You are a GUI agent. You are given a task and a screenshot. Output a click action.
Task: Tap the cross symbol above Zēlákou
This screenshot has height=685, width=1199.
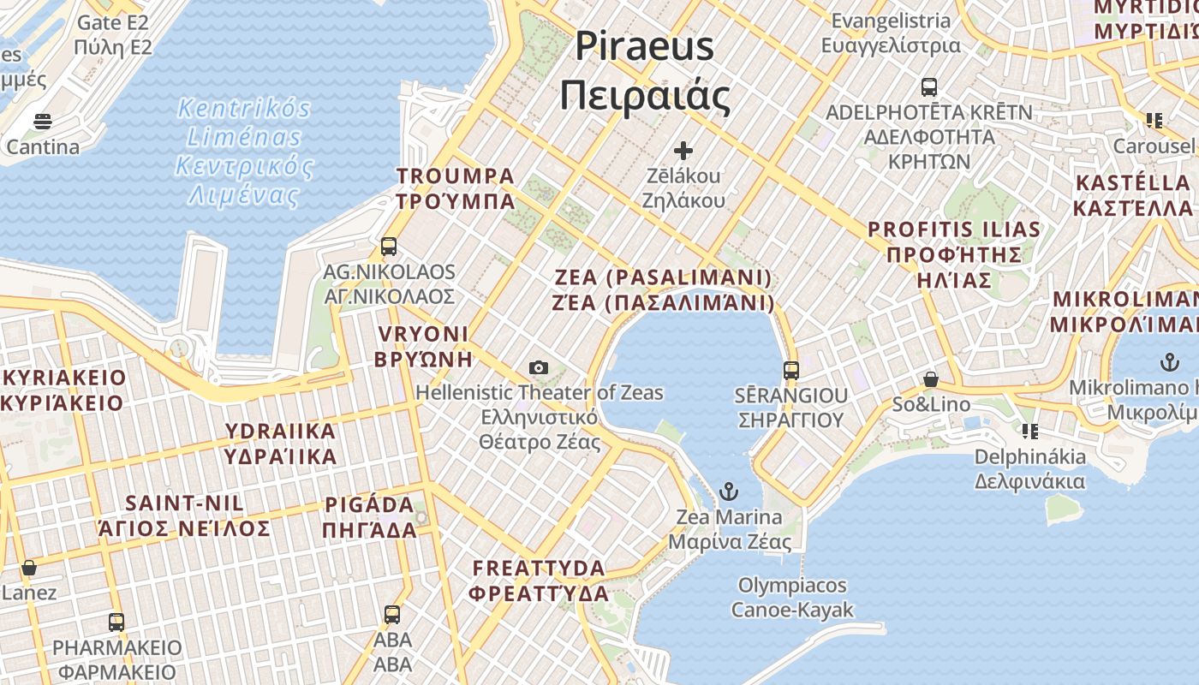[683, 152]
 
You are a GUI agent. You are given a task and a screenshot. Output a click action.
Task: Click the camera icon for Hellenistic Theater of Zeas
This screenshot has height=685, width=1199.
[539, 368]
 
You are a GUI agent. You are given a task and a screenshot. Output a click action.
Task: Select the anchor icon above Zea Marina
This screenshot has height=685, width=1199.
[728, 491]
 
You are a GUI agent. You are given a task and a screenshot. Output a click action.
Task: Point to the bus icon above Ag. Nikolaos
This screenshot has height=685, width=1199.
[389, 247]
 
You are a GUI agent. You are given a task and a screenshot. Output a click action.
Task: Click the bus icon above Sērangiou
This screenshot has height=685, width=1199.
[791, 371]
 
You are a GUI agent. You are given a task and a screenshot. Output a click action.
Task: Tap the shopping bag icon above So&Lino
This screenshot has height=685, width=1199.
[931, 379]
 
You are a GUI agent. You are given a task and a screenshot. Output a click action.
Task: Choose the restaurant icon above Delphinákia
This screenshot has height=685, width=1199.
[1029, 431]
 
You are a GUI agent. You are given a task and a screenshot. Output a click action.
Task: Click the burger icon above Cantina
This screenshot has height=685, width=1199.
[43, 122]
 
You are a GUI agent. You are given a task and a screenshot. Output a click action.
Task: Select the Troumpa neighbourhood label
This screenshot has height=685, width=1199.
[455, 188]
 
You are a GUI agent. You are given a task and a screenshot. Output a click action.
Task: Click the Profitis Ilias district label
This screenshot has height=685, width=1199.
[954, 254]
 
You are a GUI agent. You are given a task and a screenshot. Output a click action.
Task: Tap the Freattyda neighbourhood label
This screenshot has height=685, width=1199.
[540, 580]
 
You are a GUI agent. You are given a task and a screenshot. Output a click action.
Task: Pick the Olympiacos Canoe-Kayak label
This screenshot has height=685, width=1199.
[792, 597]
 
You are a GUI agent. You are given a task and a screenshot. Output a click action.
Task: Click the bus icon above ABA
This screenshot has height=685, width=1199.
[392, 614]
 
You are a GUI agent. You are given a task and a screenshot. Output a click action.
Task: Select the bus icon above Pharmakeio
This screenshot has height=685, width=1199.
[116, 622]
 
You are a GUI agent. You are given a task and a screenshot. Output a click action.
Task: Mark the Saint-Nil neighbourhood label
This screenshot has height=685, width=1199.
[185, 515]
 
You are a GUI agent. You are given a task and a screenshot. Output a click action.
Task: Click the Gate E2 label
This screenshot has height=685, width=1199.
[113, 34]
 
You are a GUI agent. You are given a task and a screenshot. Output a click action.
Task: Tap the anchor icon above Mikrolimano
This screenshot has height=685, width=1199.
[1168, 362]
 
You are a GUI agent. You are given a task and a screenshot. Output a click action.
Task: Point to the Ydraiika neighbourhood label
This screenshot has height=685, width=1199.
[281, 443]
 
